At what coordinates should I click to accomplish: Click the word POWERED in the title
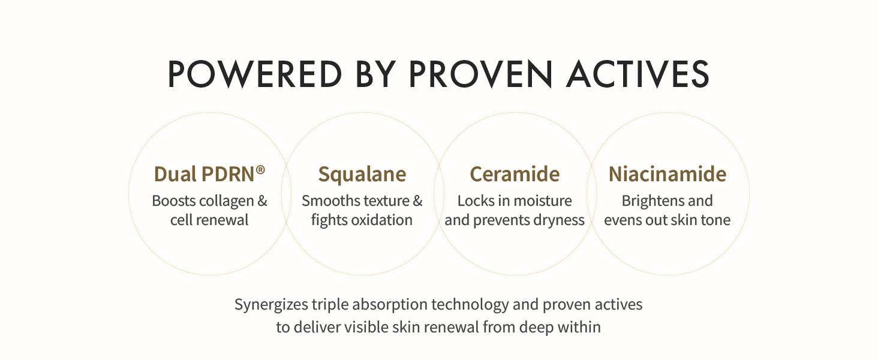point(254,74)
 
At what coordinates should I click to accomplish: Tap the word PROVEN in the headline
point(480,74)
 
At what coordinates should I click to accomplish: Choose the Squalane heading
point(362,174)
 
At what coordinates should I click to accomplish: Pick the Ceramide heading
point(515,174)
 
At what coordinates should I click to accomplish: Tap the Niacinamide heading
point(667,174)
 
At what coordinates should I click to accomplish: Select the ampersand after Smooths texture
point(417,201)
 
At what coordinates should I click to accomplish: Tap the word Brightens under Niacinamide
point(649,201)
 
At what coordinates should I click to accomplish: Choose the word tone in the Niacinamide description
point(715,220)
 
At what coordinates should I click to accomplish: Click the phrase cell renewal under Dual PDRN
point(209,220)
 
